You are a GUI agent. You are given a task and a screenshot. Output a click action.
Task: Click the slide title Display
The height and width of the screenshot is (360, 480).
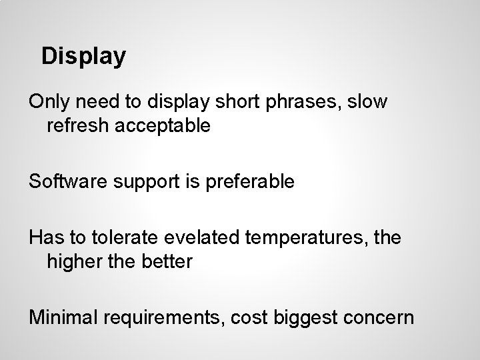pyautogui.click(x=83, y=57)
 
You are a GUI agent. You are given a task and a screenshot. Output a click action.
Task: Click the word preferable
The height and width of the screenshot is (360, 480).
pyautogui.click(x=251, y=181)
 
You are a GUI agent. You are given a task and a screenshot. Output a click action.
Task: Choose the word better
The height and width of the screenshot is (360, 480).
pyautogui.click(x=165, y=261)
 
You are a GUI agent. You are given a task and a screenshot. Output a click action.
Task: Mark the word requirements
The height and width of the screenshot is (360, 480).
pyautogui.click(x=167, y=317)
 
